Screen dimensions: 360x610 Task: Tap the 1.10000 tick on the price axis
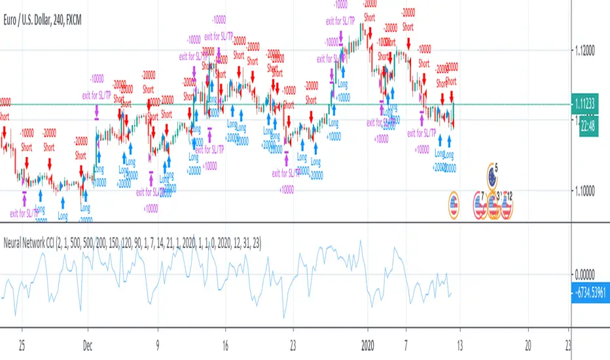588,190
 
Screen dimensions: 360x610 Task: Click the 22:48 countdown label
587,128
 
